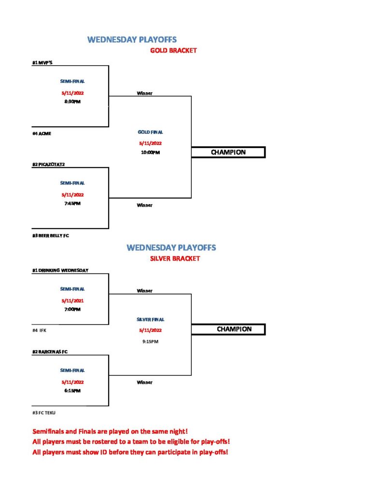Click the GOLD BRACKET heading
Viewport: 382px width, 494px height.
coord(173,50)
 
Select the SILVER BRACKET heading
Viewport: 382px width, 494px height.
coord(175,259)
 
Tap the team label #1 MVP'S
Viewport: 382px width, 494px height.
coord(42,63)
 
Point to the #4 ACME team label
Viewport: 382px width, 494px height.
coord(42,134)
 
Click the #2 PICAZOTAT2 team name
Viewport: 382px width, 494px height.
coord(48,165)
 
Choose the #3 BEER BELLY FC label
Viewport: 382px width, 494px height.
coord(51,235)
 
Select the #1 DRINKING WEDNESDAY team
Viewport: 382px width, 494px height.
coord(60,270)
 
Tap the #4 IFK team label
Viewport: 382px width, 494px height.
coord(40,330)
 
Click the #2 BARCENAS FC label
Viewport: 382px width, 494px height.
coord(50,352)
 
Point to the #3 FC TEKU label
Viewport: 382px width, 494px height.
coord(44,413)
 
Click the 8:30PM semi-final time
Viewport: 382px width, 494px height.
coord(72,101)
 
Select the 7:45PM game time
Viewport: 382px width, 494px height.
coord(72,204)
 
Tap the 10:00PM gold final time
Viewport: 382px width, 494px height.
coord(151,152)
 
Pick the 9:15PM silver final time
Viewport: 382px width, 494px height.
coord(151,342)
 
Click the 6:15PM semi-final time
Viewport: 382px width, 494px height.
coord(72,391)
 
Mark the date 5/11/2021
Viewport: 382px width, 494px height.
coord(72,301)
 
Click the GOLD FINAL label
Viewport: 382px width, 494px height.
coord(151,132)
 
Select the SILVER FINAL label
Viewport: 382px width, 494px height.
coord(151,319)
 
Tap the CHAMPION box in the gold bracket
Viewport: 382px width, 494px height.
coord(228,152)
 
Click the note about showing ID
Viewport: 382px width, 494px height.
coord(130,452)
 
